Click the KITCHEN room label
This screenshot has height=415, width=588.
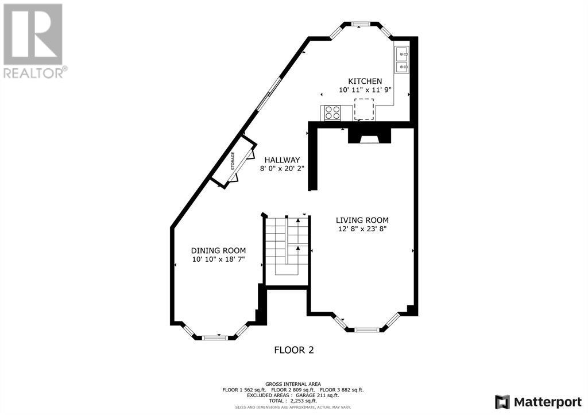click(365, 81)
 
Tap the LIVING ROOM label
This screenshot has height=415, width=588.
click(362, 220)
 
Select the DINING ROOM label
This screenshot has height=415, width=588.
click(218, 251)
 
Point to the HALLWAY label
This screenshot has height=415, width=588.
click(282, 160)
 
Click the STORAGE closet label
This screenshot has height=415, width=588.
click(233, 161)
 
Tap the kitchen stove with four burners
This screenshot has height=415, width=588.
click(332, 113)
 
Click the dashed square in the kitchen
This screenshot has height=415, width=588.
click(364, 109)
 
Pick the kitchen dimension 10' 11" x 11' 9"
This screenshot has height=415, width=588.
click(365, 90)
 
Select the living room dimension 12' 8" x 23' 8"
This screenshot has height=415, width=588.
click(362, 229)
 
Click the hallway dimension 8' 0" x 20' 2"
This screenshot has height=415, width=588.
click(282, 169)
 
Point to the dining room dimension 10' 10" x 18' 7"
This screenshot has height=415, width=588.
click(218, 259)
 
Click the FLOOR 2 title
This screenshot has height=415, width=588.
click(294, 350)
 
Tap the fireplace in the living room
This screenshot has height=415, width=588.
click(369, 135)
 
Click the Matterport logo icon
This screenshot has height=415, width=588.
click(502, 402)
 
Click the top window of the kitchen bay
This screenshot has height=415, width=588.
click(361, 24)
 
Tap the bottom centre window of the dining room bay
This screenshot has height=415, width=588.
click(215, 338)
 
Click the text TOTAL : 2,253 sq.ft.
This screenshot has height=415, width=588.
click(293, 401)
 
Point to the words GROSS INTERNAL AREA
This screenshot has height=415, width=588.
click(293, 384)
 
